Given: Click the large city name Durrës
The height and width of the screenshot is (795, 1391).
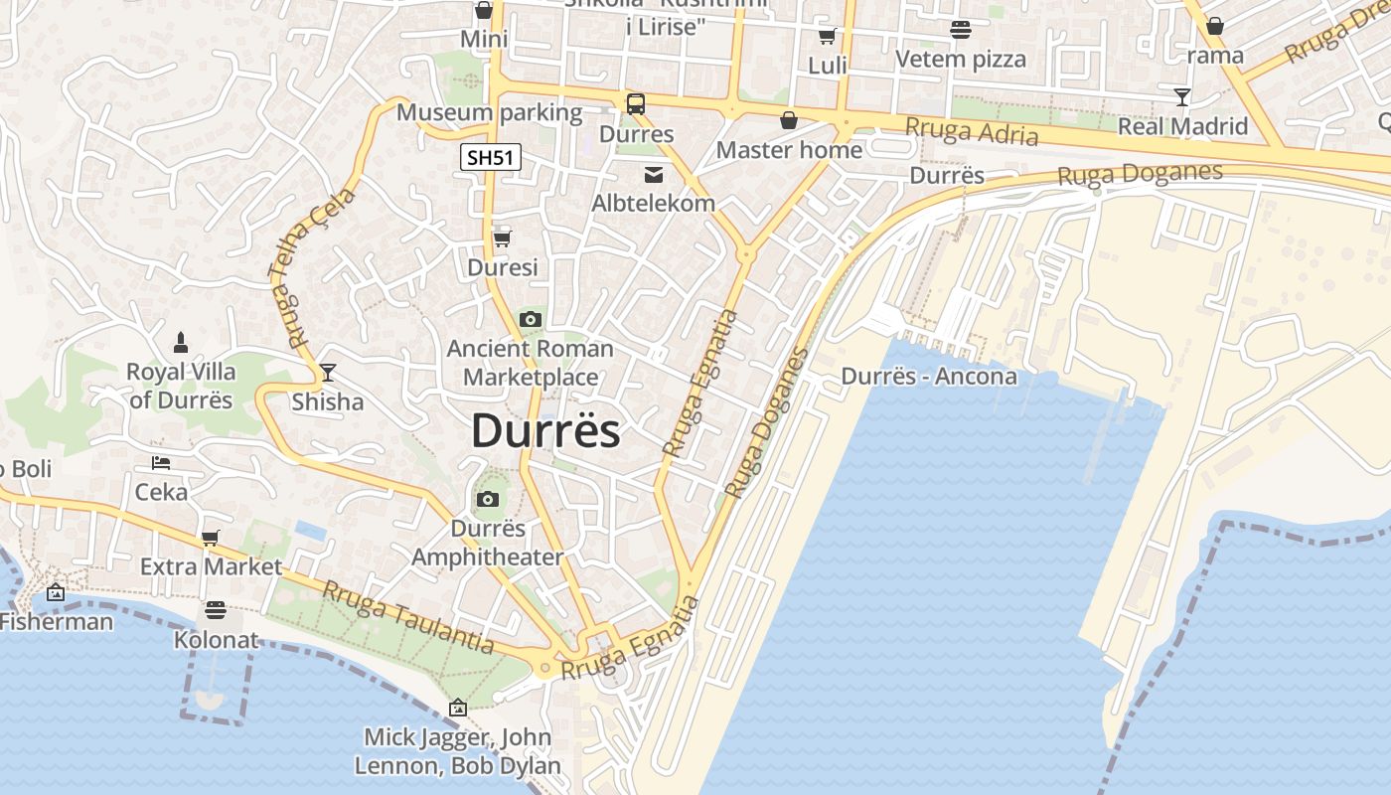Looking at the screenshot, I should click(545, 431).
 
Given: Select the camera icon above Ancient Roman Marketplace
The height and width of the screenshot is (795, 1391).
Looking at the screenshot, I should click(531, 319).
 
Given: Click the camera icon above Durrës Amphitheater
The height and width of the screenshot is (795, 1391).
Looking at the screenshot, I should click(487, 499).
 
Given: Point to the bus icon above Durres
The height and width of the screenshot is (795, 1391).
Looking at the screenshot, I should click(635, 103).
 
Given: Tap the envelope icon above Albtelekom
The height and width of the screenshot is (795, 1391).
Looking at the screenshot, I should click(653, 175).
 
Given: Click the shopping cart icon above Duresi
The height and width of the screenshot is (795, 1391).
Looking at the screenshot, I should click(502, 238).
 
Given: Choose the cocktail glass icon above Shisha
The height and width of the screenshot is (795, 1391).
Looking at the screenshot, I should click(328, 373).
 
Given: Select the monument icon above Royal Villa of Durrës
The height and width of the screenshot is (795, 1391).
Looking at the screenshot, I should click(181, 343).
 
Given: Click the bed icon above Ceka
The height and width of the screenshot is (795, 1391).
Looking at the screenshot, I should click(161, 463).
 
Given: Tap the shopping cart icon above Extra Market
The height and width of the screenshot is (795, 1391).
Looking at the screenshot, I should click(210, 538).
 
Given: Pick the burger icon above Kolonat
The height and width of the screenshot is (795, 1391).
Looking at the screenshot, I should click(216, 609).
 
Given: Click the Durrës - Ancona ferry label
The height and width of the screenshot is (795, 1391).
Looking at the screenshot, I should click(929, 377).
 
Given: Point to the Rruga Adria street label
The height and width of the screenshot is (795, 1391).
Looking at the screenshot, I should click(972, 131).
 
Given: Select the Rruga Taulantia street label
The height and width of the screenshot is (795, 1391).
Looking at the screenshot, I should click(408, 617).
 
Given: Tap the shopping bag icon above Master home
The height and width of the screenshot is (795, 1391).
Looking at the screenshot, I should click(789, 120).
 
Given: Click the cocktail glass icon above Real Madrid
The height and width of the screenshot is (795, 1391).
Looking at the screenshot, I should click(1181, 96).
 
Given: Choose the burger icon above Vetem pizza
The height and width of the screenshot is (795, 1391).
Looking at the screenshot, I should click(960, 30).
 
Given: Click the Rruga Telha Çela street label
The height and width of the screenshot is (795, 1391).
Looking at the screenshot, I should click(311, 265).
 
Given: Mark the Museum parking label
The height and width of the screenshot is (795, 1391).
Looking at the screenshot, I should click(489, 112).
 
